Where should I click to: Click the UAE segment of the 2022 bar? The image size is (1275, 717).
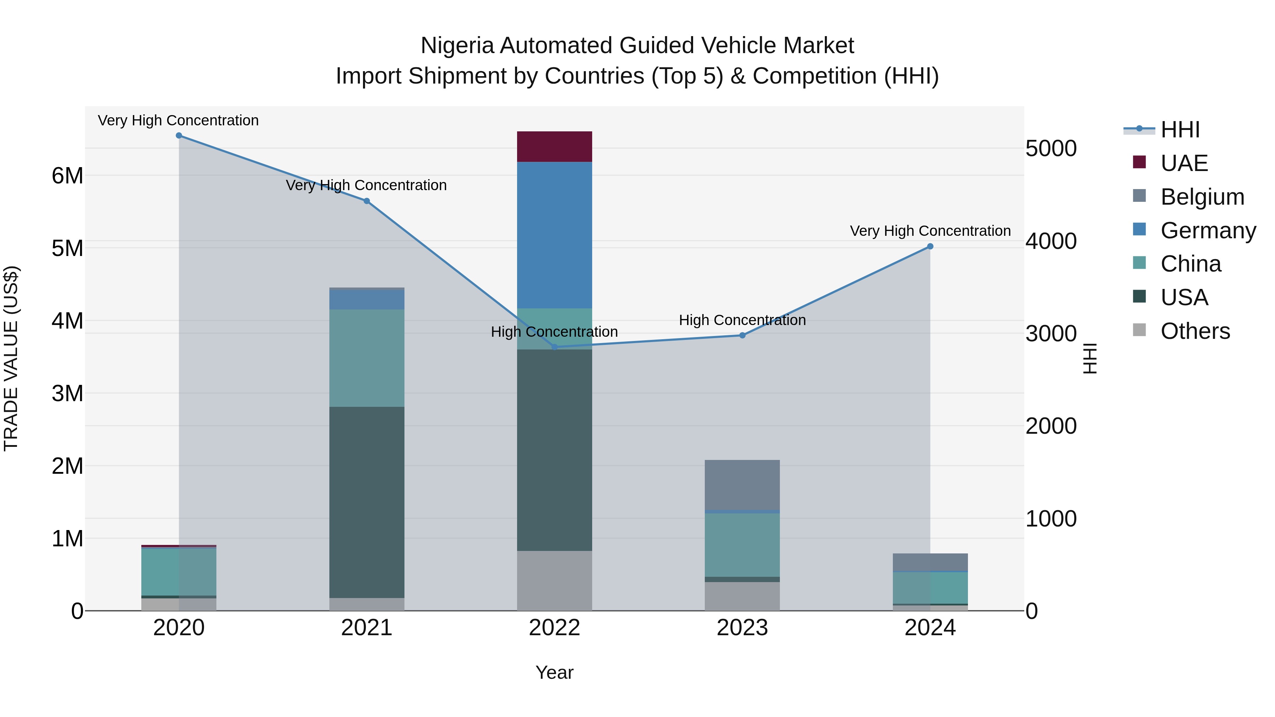pos(554,147)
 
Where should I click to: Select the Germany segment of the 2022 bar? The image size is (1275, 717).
pos(554,235)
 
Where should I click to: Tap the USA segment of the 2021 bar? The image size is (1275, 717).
pos(367,502)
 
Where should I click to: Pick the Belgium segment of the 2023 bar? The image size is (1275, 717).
pos(742,485)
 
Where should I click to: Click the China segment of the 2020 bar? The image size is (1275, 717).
pos(179,571)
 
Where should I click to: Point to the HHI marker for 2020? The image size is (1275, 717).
pos(179,136)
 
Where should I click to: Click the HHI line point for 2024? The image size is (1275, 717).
pos(930,246)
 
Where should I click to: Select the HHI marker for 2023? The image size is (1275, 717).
pos(742,336)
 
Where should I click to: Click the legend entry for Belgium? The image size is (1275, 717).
pos(1202,197)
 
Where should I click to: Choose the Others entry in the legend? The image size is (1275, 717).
pos(1195,331)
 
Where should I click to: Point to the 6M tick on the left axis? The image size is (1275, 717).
pos(67,176)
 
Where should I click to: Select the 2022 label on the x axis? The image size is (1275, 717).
pos(554,628)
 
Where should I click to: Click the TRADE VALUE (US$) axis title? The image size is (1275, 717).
pos(11,358)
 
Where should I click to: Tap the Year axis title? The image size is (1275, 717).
pos(554,672)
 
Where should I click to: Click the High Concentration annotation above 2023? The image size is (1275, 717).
pos(742,320)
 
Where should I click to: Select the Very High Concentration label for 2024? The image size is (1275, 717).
pos(930,231)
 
